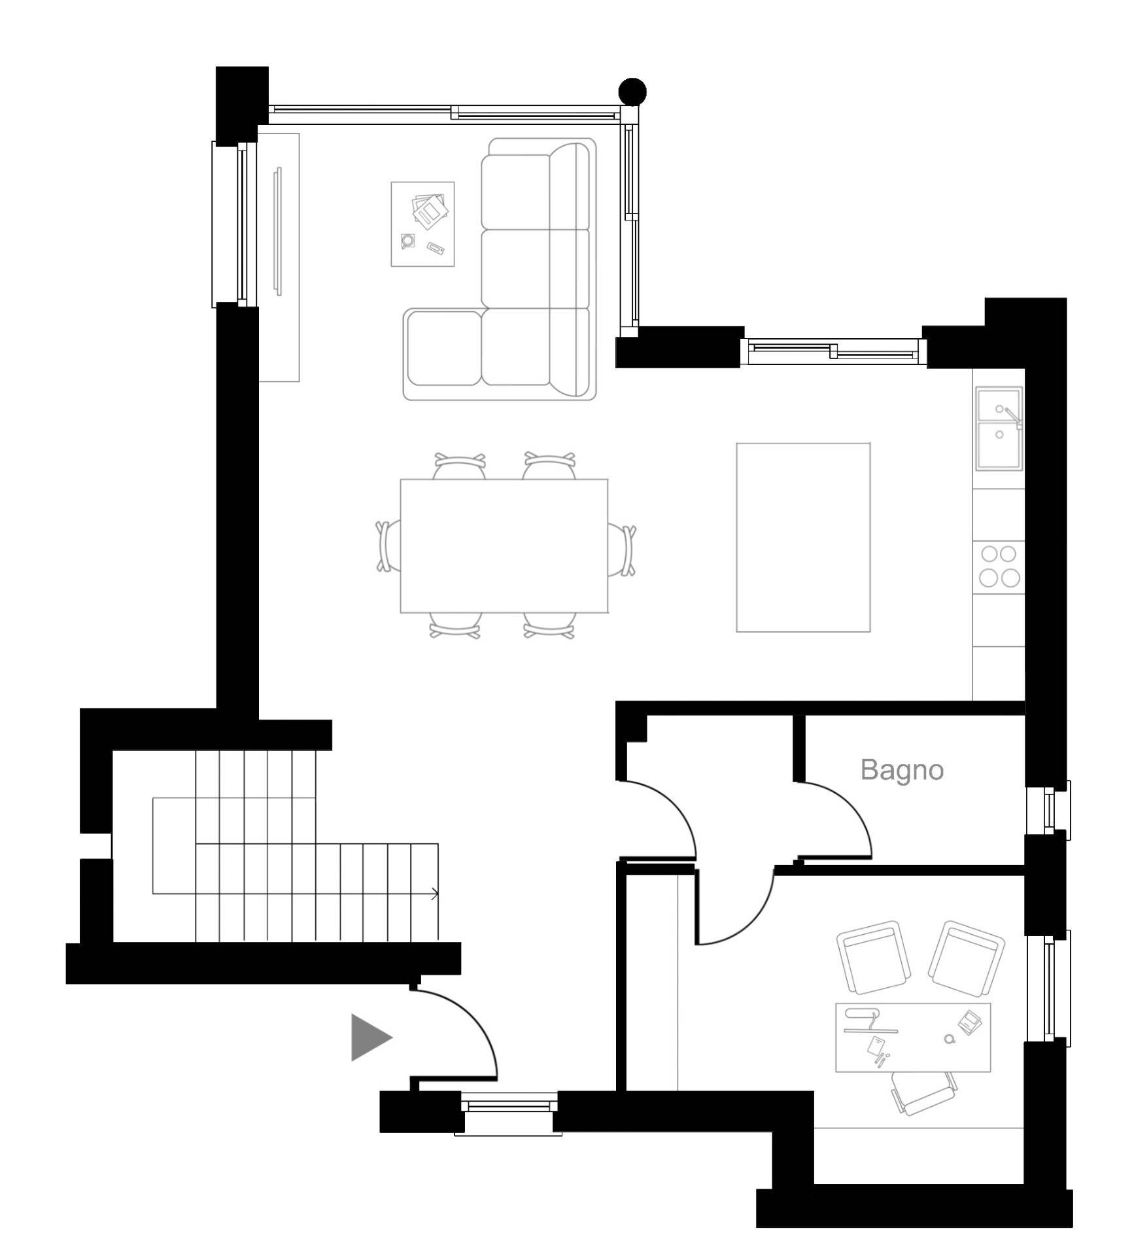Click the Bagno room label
pos(902,771)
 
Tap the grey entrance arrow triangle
pos(369,1037)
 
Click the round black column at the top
pos(632,92)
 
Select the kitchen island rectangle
pos(803,538)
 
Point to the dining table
pos(504,546)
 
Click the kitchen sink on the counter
pos(999,428)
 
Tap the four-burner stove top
pos(999,567)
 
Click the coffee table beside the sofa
pos(422,224)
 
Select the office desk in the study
pos(913,1038)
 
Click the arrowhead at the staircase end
pos(435,894)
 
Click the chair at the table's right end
pos(622,550)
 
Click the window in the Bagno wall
pos(1049,810)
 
